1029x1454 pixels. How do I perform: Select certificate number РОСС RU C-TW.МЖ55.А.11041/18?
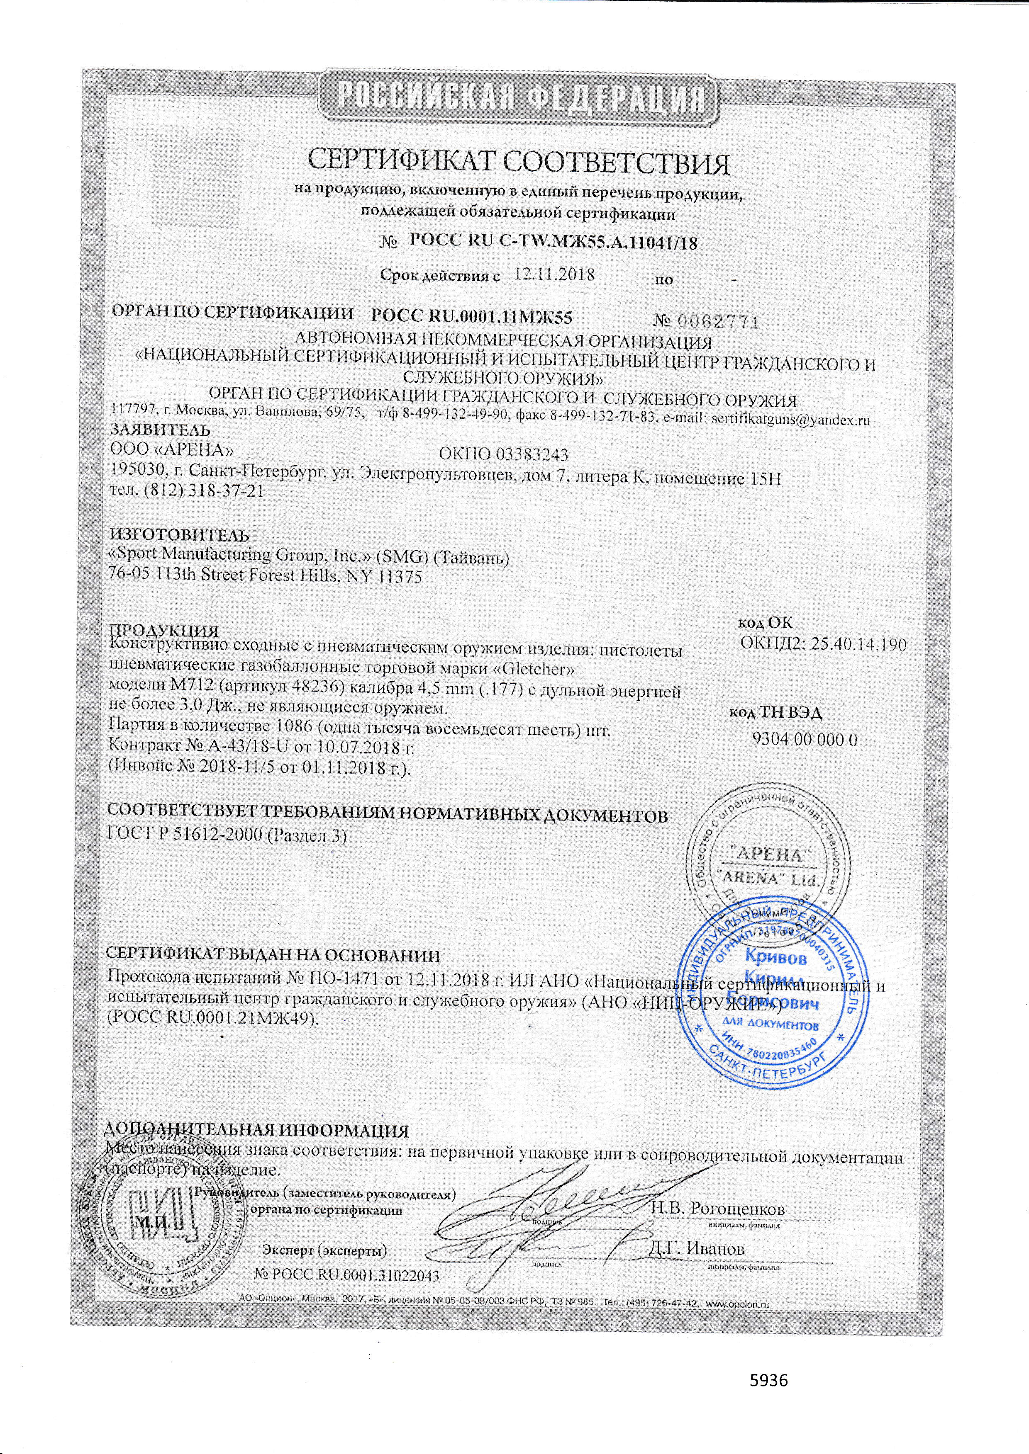pos(554,241)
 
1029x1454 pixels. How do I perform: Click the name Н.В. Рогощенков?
pos(718,1209)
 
